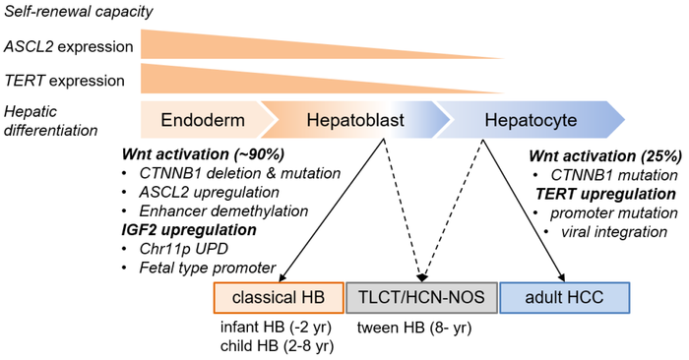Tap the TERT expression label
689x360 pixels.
64,81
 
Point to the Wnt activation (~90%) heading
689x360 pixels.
204,154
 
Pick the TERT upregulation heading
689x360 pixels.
604,194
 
